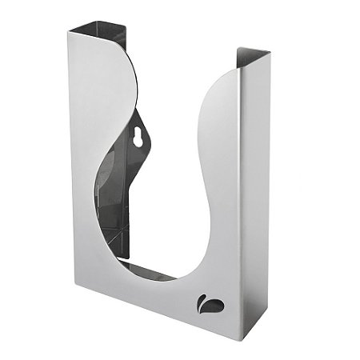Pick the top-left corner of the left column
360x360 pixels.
[x=70, y=30]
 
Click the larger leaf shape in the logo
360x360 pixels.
[x=214, y=304]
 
